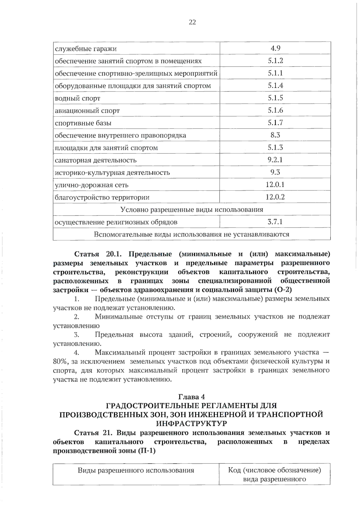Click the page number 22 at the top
point(192,22)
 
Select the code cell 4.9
point(275,48)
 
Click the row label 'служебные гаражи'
point(86,49)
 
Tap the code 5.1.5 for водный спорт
point(275,98)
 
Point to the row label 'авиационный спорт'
point(87,111)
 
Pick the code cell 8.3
point(275,135)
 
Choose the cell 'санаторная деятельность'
point(96,160)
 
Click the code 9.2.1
point(275,160)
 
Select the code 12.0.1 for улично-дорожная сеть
point(275,184)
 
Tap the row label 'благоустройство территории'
point(102,197)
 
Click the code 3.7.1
point(275,222)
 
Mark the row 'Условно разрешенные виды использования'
point(192,210)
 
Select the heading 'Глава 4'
point(191,397)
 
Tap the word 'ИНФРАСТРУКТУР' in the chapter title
point(191,423)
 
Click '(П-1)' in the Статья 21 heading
point(147,451)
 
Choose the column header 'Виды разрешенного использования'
point(136,470)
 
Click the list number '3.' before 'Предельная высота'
point(76,335)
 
